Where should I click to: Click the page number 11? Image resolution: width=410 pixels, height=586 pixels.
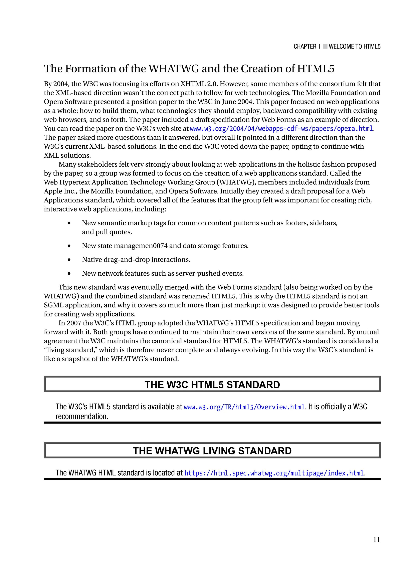point(376,539)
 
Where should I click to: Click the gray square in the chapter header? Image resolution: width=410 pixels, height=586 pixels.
point(325,46)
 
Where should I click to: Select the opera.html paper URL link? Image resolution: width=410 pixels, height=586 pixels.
point(281,128)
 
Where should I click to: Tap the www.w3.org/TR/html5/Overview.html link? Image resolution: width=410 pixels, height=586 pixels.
point(244,407)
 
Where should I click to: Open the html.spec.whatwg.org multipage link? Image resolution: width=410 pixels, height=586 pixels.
point(274,473)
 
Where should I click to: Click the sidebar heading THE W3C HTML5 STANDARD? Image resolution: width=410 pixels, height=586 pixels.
point(212,385)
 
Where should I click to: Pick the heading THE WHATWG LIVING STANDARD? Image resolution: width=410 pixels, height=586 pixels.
point(212,451)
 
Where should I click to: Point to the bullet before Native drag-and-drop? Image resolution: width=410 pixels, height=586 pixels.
point(69,260)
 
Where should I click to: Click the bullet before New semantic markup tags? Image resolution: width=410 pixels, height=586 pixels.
point(69,223)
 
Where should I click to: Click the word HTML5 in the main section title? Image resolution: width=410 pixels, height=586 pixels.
point(316,69)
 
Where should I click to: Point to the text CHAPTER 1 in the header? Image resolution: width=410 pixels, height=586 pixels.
point(307,46)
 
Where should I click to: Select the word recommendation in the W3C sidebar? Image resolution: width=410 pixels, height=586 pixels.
point(82,417)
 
